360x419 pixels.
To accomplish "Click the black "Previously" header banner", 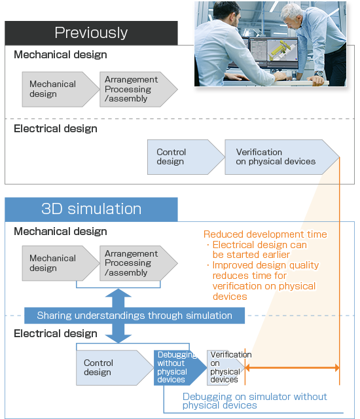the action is (92, 33).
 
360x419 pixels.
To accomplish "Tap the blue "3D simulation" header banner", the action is (92, 209).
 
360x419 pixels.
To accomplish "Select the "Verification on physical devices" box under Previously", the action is (282, 157).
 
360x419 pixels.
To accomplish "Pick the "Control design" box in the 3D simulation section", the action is (115, 368).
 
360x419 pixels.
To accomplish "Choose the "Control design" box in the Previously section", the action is (186, 157).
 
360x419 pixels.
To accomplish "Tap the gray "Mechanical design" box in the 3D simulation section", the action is (61, 263).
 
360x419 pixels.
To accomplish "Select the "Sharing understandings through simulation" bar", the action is (134, 316).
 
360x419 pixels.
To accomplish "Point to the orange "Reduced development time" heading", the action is (265, 234).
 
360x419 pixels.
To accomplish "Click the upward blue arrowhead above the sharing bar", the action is (118, 293).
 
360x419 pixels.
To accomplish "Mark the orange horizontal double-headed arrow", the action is (292, 368).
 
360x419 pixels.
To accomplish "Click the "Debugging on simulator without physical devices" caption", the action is (255, 401).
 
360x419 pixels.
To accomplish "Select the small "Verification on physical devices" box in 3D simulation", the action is (226, 368).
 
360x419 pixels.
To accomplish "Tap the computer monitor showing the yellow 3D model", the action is (283, 52).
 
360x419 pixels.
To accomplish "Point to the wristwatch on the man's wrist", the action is (318, 73).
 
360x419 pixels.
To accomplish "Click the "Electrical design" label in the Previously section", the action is (56, 129).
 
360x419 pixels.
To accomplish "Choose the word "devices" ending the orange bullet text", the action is (230, 297).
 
